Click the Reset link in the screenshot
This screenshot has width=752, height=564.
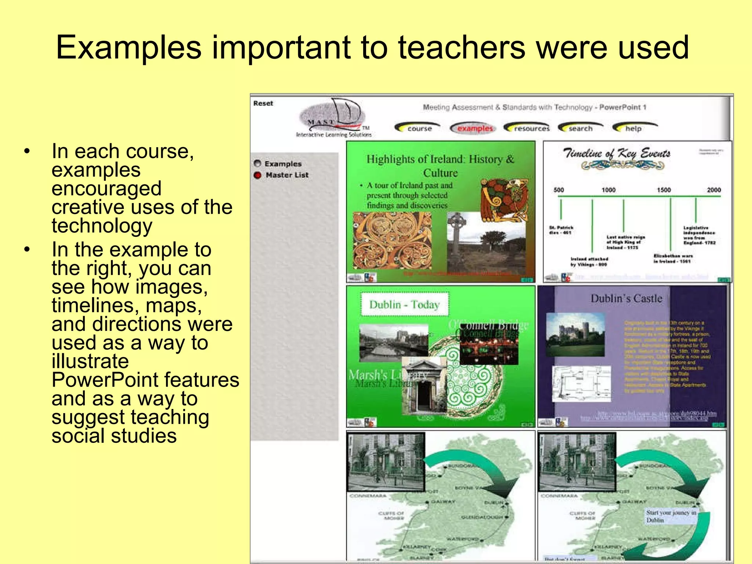pos(263,104)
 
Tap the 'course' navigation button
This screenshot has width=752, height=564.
pos(419,129)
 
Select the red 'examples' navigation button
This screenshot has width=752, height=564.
pos(474,129)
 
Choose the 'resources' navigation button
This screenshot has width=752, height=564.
pos(531,129)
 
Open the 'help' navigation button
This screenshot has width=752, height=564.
pos(633,129)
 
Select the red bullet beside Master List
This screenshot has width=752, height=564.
pos(257,175)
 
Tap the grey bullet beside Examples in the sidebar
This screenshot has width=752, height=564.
pos(257,163)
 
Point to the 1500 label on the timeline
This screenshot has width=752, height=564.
pos(664,190)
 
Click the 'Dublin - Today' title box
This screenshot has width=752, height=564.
pos(404,304)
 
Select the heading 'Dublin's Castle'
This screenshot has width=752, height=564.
pos(626,299)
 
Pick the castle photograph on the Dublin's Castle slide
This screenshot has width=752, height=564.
pos(575,334)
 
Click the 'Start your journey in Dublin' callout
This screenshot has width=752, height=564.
pos(670,516)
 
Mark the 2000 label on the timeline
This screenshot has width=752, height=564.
pos(713,190)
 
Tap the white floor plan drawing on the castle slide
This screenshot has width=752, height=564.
pos(581,384)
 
